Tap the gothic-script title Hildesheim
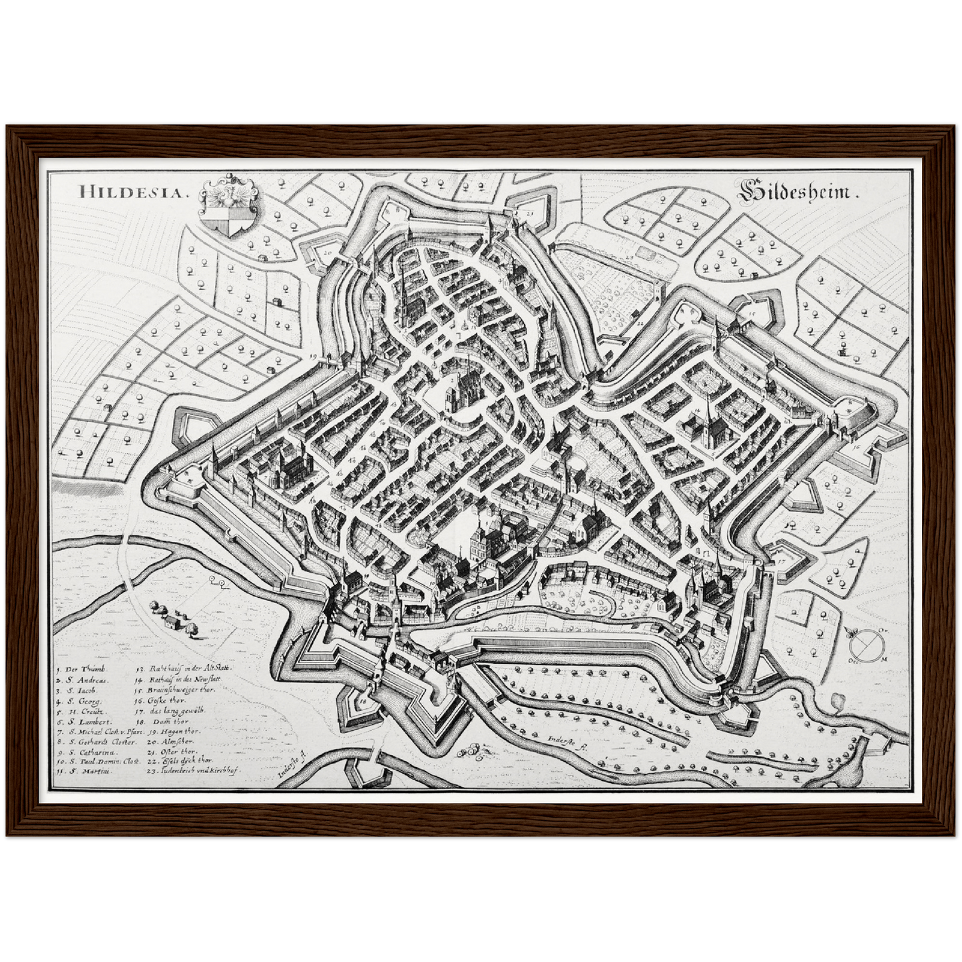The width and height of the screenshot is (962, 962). click(798, 193)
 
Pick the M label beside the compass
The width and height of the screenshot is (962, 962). click(884, 658)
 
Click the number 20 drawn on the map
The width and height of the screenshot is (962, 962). click(328, 253)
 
